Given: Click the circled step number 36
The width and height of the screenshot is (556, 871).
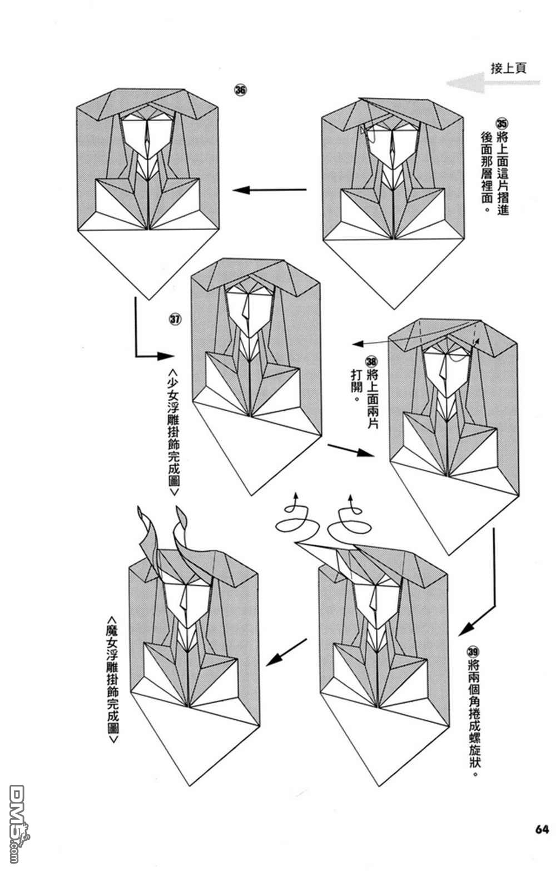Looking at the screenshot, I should click(x=240, y=91).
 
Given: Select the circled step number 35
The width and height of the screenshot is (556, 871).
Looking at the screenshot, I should click(x=502, y=123).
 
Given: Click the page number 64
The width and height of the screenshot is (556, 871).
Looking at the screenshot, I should click(x=542, y=844).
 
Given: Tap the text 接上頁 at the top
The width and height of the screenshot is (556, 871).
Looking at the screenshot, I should click(x=508, y=68).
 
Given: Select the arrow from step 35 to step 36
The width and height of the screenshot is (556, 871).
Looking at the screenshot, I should click(x=270, y=191).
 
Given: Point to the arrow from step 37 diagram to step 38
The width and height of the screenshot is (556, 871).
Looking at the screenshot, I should click(x=350, y=450).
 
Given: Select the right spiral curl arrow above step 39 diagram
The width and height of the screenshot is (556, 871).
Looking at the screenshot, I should click(x=350, y=520).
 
